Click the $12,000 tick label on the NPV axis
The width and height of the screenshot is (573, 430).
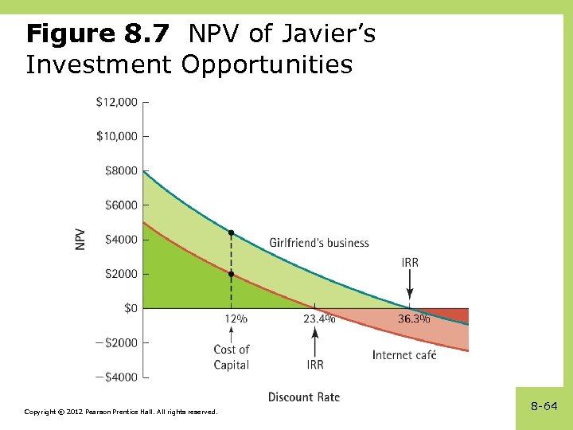click(x=116, y=102)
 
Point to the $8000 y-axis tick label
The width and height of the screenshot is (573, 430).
click(x=120, y=170)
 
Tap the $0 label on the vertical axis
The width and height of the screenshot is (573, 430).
click(x=127, y=308)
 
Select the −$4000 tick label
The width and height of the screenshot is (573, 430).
click(x=115, y=377)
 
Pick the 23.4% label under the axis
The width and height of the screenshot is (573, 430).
click(x=319, y=319)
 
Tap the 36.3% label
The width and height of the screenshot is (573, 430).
click(x=414, y=319)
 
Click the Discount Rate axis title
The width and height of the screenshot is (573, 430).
click(x=304, y=397)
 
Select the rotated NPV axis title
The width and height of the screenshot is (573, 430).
click(x=81, y=240)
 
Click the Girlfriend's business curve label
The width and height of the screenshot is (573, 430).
click(x=319, y=243)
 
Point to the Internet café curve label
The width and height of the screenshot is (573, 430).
click(x=404, y=354)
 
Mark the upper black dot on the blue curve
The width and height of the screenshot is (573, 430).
click(x=232, y=233)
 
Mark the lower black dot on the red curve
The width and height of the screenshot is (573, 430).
click(x=232, y=274)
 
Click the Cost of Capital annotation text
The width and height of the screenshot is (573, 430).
click(x=232, y=357)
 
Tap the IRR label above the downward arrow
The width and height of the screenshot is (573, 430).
click(x=410, y=263)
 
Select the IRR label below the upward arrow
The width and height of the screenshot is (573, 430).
click(x=315, y=365)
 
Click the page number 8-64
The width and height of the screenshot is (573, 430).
click(x=544, y=406)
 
